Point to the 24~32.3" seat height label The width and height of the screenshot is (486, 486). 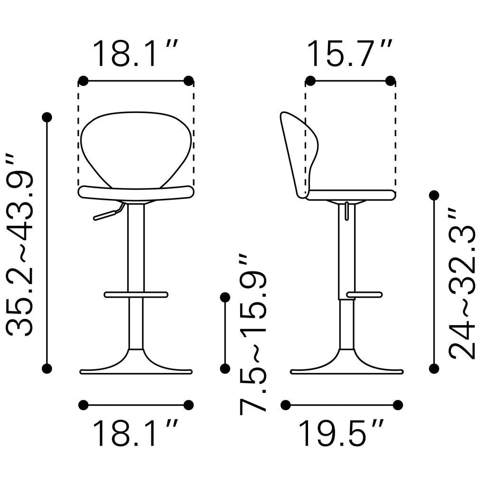coord(462,283)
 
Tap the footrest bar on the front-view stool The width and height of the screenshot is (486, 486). coord(136,295)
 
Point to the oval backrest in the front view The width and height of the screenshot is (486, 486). coord(136,147)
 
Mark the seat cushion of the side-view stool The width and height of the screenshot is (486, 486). coord(351,195)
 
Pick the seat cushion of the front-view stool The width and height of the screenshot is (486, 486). coord(136,192)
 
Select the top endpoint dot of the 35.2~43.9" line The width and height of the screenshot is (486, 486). coord(47,117)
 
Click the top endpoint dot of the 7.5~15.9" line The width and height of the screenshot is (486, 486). coord(225,297)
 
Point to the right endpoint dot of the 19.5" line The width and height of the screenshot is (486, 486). coord(398,405)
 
